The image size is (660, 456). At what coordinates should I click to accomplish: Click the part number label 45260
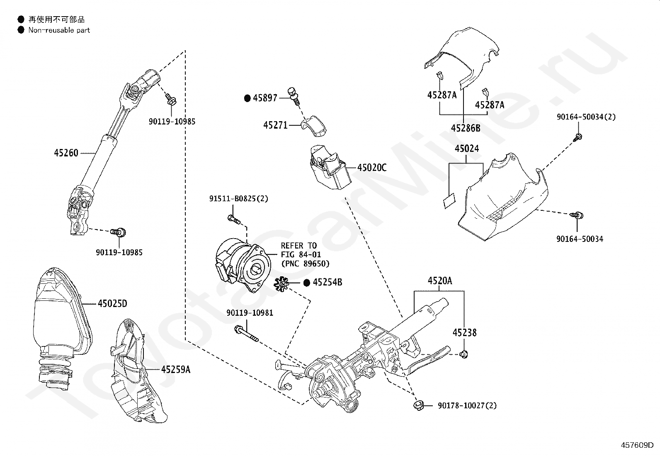click(66, 153)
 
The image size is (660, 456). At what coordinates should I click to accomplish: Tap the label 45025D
click(112, 303)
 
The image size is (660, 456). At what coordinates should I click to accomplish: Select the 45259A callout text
click(176, 369)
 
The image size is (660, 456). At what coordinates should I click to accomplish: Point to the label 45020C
click(372, 168)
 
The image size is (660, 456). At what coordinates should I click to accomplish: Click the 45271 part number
click(275, 125)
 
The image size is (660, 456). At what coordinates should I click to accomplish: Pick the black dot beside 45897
click(247, 98)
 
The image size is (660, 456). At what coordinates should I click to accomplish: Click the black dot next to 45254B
click(307, 283)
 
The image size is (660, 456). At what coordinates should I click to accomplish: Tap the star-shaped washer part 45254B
click(281, 284)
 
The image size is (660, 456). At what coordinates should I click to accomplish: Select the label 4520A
click(439, 280)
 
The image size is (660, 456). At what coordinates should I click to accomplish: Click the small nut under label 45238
click(464, 354)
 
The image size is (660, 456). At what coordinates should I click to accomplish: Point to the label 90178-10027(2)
click(467, 405)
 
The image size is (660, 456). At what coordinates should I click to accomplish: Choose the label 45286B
click(466, 128)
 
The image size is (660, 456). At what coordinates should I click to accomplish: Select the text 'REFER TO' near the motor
click(299, 246)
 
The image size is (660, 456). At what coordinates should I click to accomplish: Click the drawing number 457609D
click(637, 445)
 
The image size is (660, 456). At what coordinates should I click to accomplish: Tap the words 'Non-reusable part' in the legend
click(59, 30)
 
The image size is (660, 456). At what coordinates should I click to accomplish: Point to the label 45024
click(467, 149)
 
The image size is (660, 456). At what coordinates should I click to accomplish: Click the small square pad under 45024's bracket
click(449, 201)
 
